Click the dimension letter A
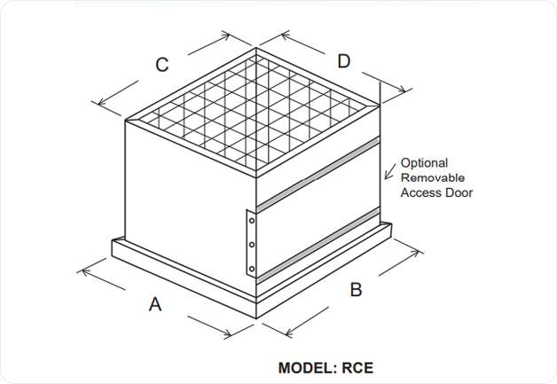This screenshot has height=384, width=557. [x=155, y=304]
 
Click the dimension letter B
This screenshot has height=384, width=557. [x=356, y=289]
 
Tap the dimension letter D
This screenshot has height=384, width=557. [x=343, y=60]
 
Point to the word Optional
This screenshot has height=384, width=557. [x=424, y=163]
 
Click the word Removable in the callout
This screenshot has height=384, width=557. [x=430, y=177]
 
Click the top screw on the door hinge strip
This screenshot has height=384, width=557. [x=252, y=220]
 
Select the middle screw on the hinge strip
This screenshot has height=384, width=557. [x=252, y=244]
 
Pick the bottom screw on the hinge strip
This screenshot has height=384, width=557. [x=252, y=267]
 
